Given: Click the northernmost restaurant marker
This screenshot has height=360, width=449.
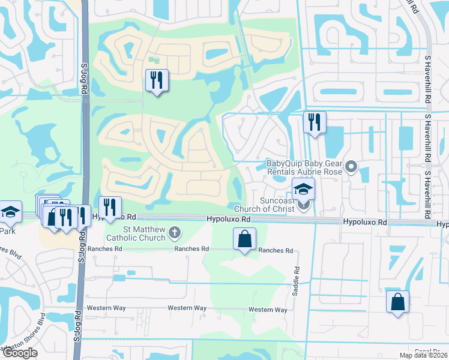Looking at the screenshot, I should pyautogui.click(x=157, y=80).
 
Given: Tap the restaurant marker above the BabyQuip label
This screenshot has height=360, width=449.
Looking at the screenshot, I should pyautogui.click(x=315, y=122).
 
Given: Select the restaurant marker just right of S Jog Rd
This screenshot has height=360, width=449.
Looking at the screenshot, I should pyautogui.click(x=110, y=207).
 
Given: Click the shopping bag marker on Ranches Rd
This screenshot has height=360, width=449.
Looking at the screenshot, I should pyautogui.click(x=244, y=238).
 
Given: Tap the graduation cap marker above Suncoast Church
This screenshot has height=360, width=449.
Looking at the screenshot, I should pyautogui.click(x=304, y=188).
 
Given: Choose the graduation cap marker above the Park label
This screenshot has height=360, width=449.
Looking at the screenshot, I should pyautogui.click(x=10, y=211).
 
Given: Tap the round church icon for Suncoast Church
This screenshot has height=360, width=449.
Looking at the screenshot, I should pyautogui.click(x=304, y=206).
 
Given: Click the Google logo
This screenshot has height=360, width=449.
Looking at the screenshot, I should pyautogui.click(x=19, y=352).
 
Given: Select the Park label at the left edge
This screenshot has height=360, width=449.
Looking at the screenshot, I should pyautogui.click(x=7, y=230).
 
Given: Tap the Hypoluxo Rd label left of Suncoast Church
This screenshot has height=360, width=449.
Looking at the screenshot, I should pyautogui.click(x=229, y=220).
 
